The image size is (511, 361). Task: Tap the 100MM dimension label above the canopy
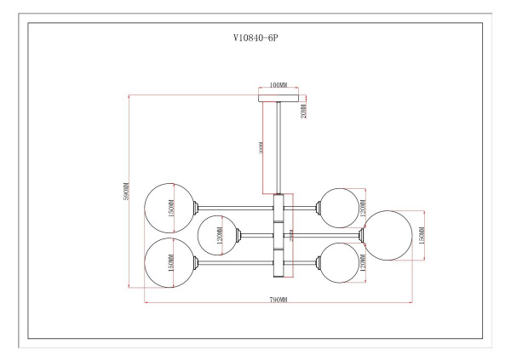tap(276, 86)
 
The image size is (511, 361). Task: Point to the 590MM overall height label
tap(125, 192)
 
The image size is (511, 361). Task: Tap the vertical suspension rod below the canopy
tap(277, 145)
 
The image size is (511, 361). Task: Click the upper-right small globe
tap(337, 205)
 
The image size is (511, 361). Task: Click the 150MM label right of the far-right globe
tap(422, 234)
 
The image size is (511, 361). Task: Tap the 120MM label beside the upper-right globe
tap(361, 204)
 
